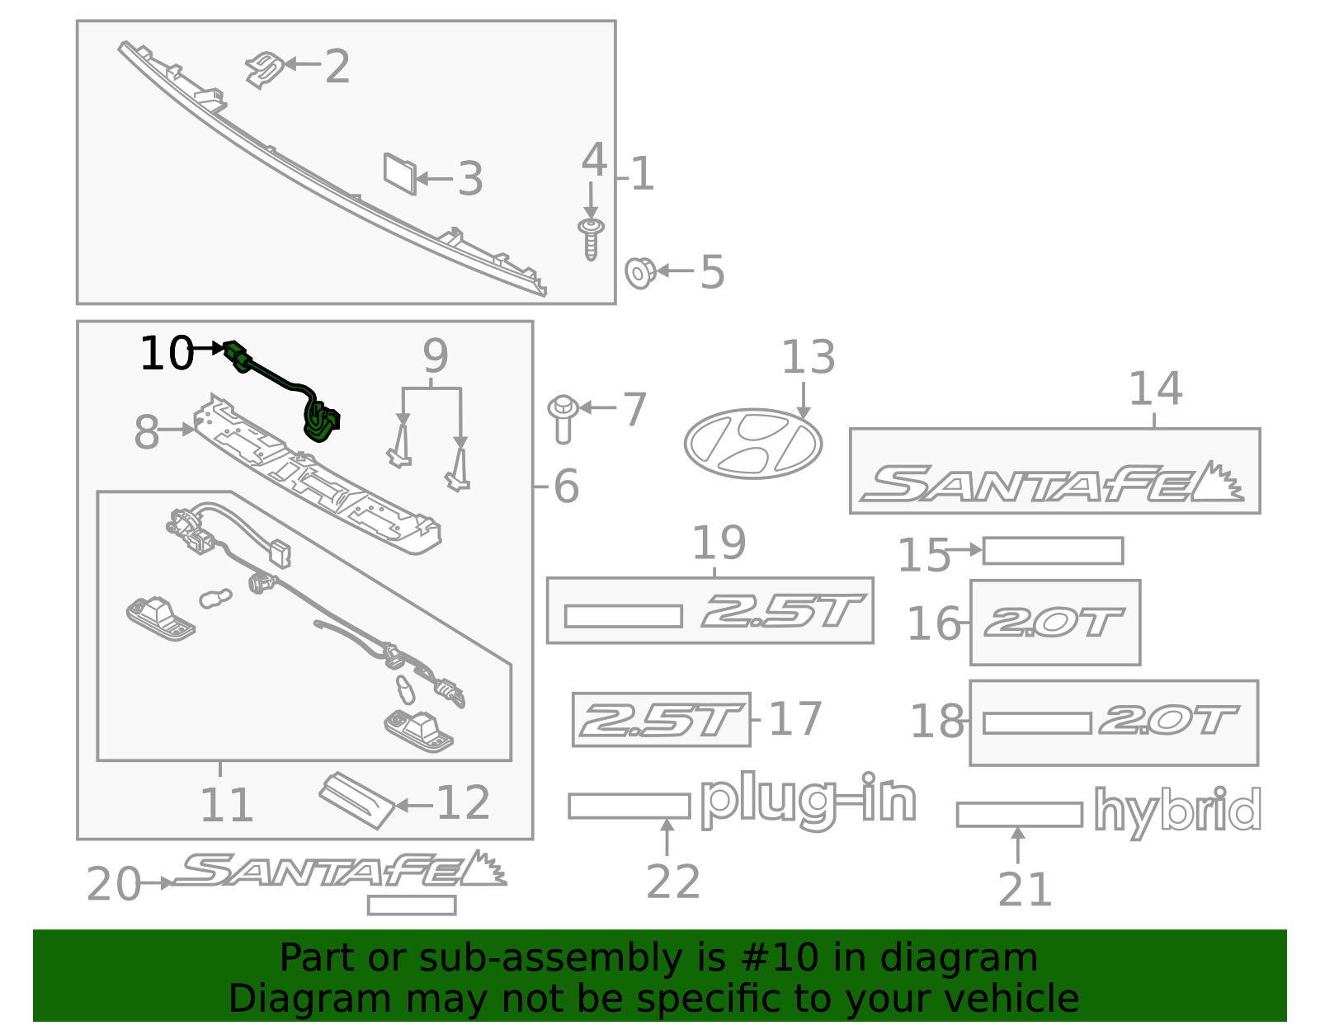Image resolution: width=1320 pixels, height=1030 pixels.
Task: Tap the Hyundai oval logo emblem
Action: pyautogui.click(x=752, y=444)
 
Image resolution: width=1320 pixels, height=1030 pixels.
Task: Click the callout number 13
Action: pyautogui.click(x=808, y=358)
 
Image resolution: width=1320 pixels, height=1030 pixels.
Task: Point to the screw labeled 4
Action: pyautogui.click(x=591, y=238)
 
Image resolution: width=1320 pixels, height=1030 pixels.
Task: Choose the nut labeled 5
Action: pyautogui.click(x=640, y=272)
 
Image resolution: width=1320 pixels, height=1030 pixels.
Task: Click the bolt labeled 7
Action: pyautogui.click(x=563, y=417)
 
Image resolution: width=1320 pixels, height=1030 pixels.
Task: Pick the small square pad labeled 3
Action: pyautogui.click(x=400, y=174)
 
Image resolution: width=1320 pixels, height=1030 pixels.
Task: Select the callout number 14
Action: pyautogui.click(x=1155, y=388)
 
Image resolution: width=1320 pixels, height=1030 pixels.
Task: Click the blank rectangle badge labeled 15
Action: pyautogui.click(x=1053, y=550)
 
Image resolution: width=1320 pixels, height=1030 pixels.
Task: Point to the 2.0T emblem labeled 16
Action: pyautogui.click(x=1054, y=623)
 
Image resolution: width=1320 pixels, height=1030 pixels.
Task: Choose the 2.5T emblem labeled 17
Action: pyautogui.click(x=661, y=720)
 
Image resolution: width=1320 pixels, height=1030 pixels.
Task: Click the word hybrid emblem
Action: pyautogui.click(x=1177, y=811)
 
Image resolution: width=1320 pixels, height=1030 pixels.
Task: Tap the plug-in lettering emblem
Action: pyautogui.click(x=808, y=800)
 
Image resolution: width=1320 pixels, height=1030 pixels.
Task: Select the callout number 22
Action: pyautogui.click(x=673, y=882)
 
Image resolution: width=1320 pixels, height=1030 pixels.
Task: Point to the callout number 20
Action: pyautogui.click(x=114, y=885)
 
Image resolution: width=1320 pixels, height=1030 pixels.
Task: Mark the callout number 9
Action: pyautogui.click(x=435, y=356)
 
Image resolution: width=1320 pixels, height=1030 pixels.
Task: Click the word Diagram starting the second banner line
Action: pyautogui.click(x=276, y=999)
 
